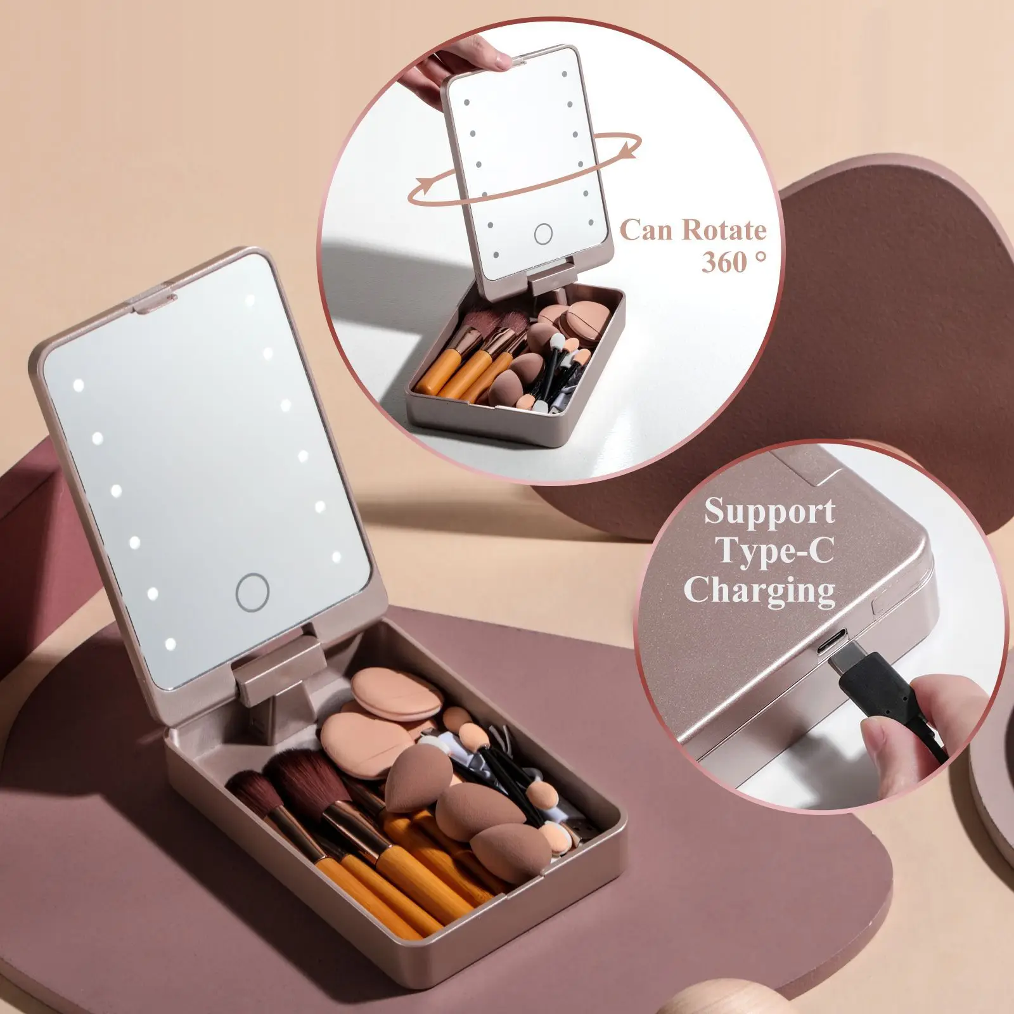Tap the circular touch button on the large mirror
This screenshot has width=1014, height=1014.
pyautogui.click(x=252, y=592)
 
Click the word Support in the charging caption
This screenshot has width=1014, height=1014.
pyautogui.click(x=769, y=511)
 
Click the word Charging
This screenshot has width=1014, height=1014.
pyautogui.click(x=759, y=591)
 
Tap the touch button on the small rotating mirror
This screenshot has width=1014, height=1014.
pyautogui.click(x=543, y=234)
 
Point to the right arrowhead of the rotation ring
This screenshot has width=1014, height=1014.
pyautogui.click(x=628, y=151)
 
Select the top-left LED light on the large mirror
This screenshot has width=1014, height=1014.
pyautogui.click(x=79, y=385)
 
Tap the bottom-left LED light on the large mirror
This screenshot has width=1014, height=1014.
pyautogui.click(x=170, y=645)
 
